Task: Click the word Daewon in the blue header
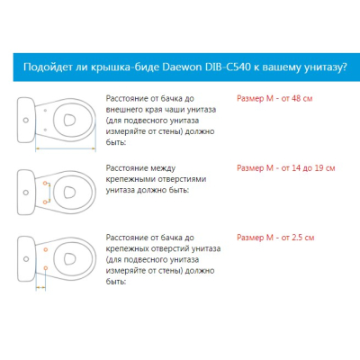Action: click(182, 67)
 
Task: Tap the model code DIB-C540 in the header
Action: click(228, 67)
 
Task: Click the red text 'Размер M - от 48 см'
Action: click(274, 98)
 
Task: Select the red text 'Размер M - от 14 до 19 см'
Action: click(286, 168)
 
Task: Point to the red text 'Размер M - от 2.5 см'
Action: click(275, 238)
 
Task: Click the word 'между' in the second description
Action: click(163, 168)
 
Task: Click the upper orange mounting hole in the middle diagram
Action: click(45, 183)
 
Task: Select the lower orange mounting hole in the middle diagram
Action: click(45, 202)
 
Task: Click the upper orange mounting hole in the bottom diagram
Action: click(46, 249)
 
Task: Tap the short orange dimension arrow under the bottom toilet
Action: click(40, 288)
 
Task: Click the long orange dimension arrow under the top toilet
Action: click(66, 148)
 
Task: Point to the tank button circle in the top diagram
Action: click(26, 120)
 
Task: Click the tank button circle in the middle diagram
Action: click(26, 193)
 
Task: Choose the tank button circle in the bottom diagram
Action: click(26, 258)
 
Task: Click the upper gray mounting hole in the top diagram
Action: click(45, 111)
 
